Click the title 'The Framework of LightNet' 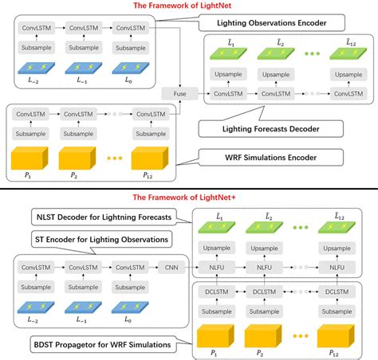point(189,6)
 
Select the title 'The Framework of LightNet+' point(189,196)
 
